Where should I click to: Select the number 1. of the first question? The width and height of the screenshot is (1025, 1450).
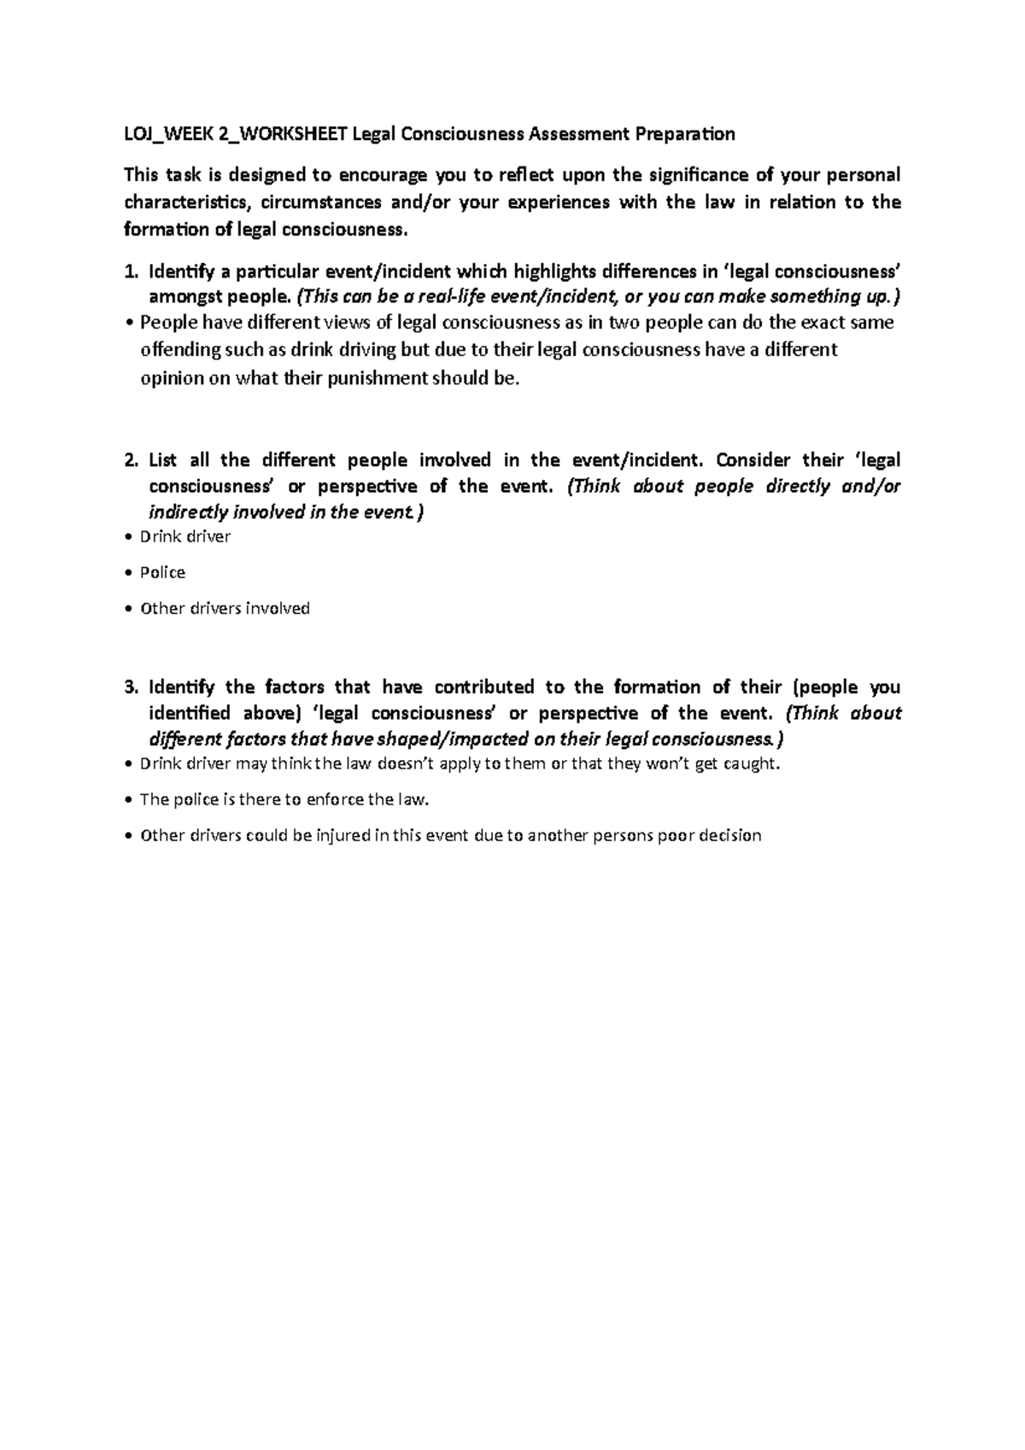click(x=130, y=272)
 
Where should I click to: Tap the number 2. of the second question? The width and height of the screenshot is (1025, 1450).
click(x=130, y=460)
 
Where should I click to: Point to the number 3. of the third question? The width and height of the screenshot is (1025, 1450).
click(x=130, y=687)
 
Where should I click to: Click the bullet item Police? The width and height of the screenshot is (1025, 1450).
click(x=162, y=573)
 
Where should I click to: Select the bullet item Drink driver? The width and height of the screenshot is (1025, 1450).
click(x=184, y=537)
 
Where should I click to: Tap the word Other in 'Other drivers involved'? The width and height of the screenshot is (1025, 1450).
click(x=160, y=609)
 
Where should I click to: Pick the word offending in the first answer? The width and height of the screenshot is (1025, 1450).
click(x=178, y=350)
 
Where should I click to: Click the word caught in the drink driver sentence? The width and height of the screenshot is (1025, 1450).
click(x=754, y=764)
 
